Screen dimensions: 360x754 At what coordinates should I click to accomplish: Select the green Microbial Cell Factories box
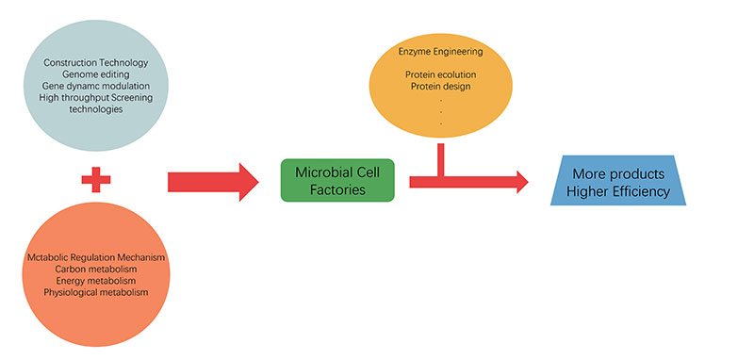coord(337,180)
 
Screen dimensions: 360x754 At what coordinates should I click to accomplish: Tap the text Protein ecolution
coord(443,74)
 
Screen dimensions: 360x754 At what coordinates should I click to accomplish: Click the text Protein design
coord(443,87)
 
